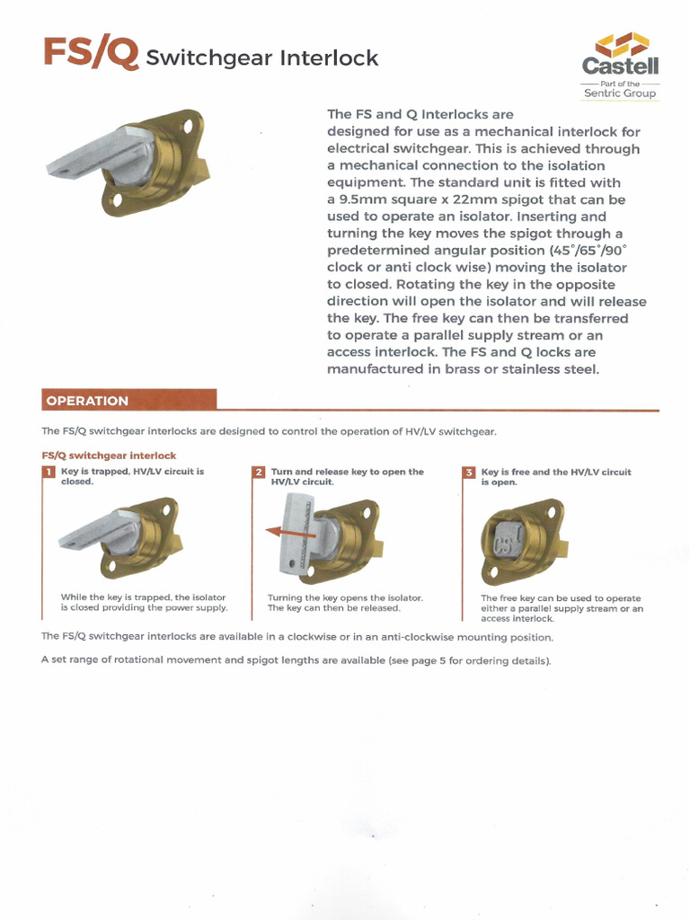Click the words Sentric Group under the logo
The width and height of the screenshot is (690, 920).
[620, 93]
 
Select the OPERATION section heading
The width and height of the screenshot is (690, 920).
[88, 401]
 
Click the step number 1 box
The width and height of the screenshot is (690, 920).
[49, 473]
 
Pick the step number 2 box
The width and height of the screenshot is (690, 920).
[259, 473]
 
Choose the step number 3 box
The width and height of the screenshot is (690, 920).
[469, 473]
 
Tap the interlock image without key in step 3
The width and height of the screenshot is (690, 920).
[521, 540]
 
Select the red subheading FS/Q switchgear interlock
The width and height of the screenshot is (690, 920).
[109, 456]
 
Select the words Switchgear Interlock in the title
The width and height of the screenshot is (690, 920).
[261, 58]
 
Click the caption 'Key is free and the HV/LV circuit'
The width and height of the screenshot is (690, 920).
[556, 472]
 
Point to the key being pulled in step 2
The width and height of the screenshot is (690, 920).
[296, 535]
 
